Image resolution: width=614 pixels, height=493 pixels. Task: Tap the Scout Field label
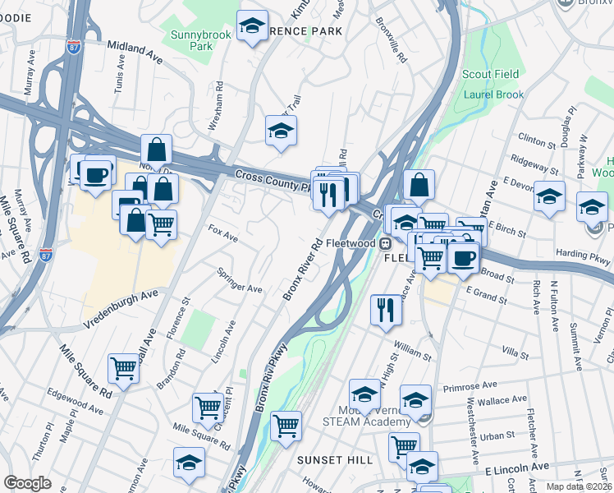491,75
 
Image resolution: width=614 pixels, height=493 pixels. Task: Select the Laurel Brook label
493,94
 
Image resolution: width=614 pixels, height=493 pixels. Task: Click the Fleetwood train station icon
383,243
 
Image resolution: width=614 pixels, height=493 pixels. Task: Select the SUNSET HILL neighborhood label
335,459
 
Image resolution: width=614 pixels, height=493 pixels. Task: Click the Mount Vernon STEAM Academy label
373,416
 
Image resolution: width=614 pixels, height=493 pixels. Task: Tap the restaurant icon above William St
386,310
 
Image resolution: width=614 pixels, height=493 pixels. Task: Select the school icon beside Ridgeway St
549,196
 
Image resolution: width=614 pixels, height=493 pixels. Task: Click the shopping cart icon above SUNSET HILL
286,426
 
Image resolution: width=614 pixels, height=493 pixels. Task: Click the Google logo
28,483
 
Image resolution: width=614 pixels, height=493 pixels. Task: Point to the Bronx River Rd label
303,270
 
